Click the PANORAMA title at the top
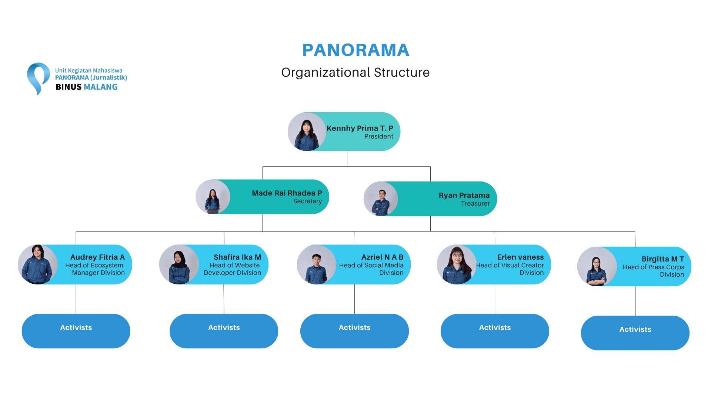[355, 50]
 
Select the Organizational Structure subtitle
[355, 72]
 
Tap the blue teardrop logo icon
[38, 79]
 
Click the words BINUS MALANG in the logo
[87, 87]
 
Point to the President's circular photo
[307, 131]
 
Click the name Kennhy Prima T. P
[360, 128]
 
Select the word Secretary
[307, 201]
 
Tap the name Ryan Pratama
[464, 195]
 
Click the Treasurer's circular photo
[381, 199]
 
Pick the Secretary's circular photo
[213, 197]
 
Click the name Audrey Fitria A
[97, 257]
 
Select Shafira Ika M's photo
[179, 264]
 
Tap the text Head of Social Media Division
[371, 269]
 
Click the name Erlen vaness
[520, 257]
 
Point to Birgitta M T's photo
[597, 266]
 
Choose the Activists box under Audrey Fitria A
[76, 331]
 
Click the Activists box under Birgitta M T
[635, 333]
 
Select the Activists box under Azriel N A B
[354, 331]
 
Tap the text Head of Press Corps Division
[653, 271]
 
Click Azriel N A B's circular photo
[317, 264]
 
